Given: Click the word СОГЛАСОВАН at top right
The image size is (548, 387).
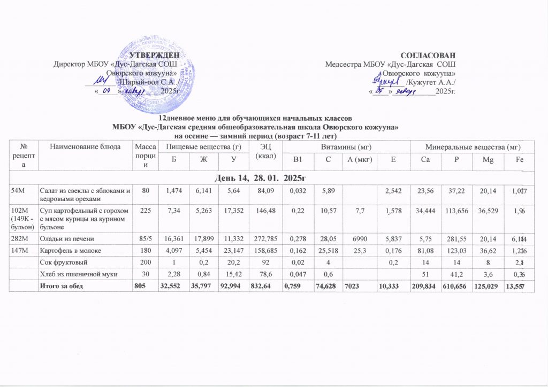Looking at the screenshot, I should (430, 56).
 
